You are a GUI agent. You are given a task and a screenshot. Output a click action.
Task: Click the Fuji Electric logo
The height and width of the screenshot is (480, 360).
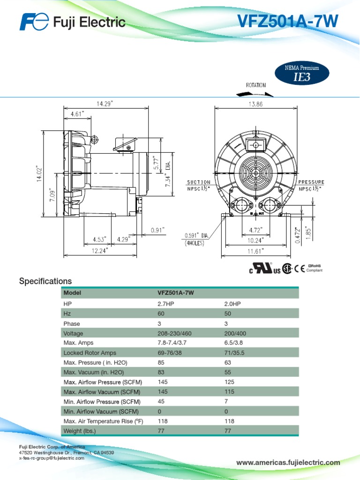pos(72,22)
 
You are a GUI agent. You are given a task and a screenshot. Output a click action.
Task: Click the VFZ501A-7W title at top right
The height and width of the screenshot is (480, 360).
pos(287,21)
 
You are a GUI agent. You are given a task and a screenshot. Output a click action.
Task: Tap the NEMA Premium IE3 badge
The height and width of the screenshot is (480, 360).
pos(302,73)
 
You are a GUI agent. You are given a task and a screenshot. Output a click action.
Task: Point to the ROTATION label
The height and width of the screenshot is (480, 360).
pos(256,85)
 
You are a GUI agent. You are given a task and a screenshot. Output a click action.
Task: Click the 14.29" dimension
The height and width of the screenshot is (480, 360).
pos(105,104)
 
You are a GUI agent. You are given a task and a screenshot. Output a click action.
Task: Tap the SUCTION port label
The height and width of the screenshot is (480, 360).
pos(199,182)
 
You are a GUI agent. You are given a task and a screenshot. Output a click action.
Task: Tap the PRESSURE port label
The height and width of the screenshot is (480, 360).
pos(311,182)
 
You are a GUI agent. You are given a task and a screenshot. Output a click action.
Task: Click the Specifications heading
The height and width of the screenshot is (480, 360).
pos(45,281)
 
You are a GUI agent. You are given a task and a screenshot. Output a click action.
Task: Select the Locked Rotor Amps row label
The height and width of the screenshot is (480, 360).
pos(90,353)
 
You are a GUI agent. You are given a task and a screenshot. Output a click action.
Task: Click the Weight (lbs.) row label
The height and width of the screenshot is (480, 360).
pos(79,431)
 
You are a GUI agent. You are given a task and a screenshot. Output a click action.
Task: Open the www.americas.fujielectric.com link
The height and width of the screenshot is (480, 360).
pos(288,463)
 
